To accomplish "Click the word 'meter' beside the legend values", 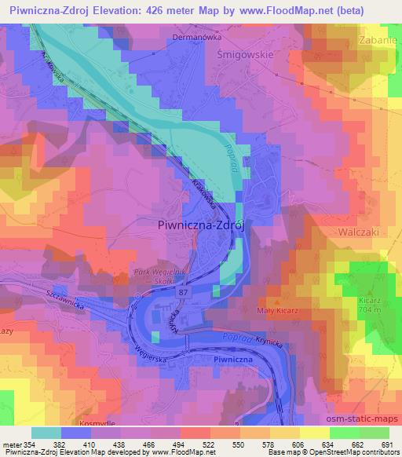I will click(11, 444).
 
